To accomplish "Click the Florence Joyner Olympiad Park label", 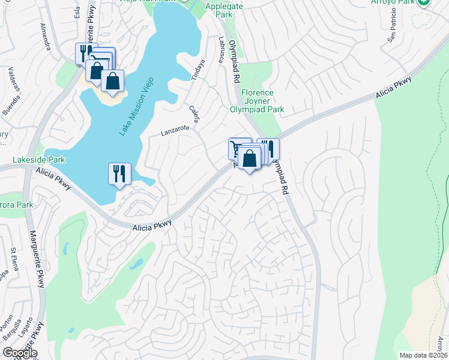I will point(258,101).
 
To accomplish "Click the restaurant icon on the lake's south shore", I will point(119,174).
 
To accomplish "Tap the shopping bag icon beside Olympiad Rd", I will point(250,159).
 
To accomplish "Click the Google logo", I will point(20,353).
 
